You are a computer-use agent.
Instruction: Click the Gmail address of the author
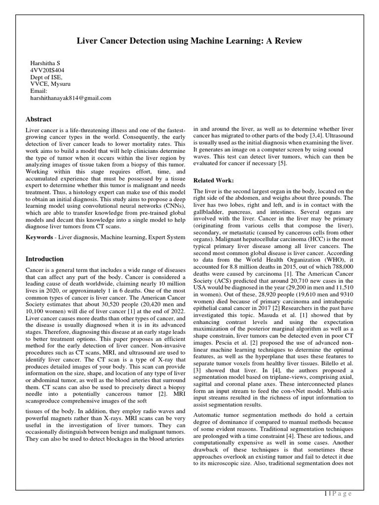pos(71,98)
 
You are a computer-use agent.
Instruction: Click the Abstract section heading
pos(38,119)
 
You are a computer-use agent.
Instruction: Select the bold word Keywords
pos(39,238)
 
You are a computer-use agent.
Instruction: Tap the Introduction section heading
pos(44,259)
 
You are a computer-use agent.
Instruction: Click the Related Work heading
pos(214,180)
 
